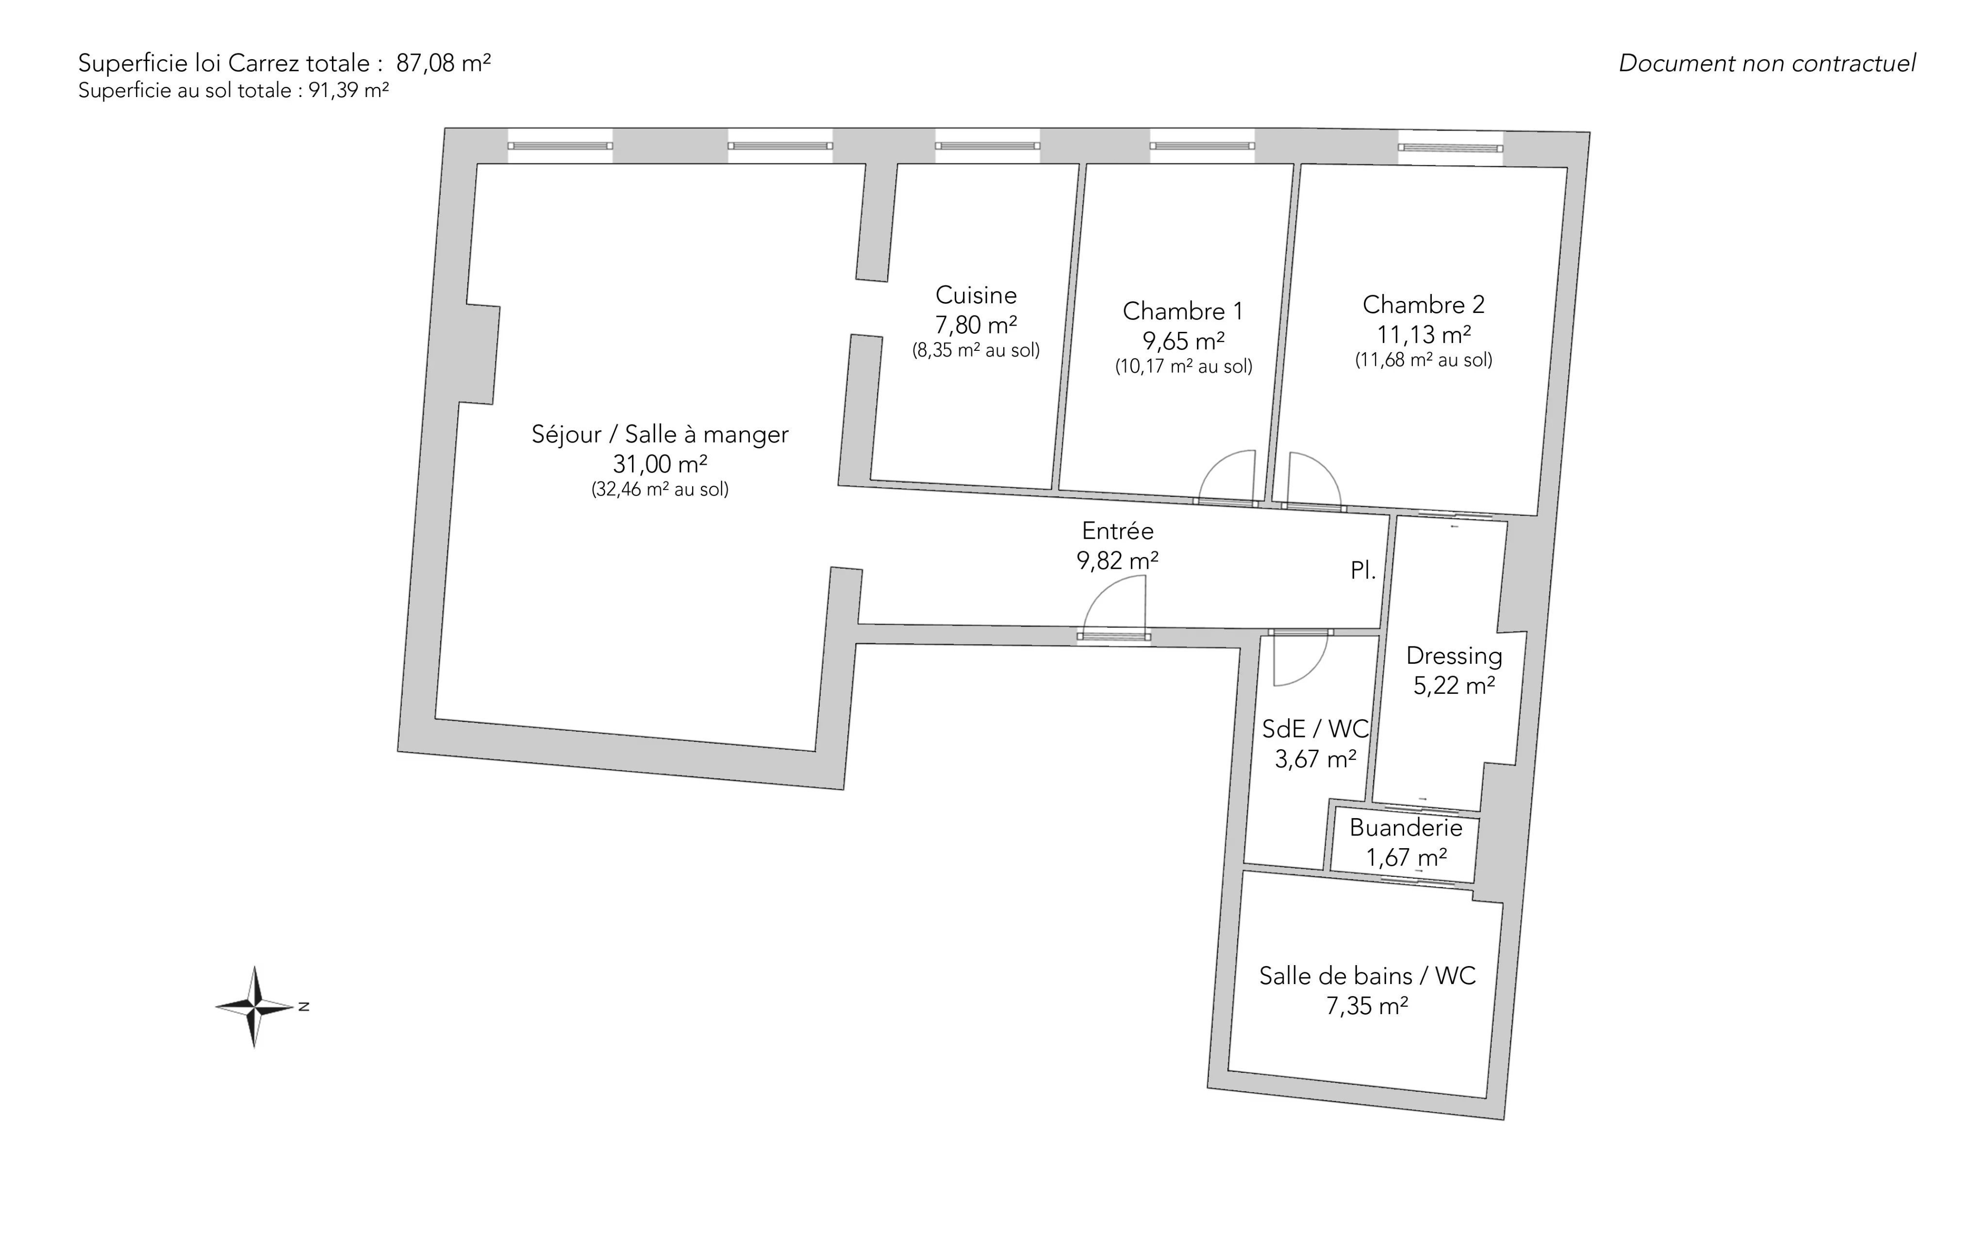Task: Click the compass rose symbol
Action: pos(255,1007)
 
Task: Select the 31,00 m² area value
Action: pos(660,464)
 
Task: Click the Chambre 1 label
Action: pos(1182,311)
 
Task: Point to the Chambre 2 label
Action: pos(1424,305)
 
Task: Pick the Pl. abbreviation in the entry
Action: pos(1363,570)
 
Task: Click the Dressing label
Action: pos(1454,656)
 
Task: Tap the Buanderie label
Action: pos(1406,828)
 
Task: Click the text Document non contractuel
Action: pos(1767,64)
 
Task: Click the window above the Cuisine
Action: pos(987,146)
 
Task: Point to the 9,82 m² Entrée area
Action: pos(1117,561)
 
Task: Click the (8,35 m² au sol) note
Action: pos(976,350)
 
